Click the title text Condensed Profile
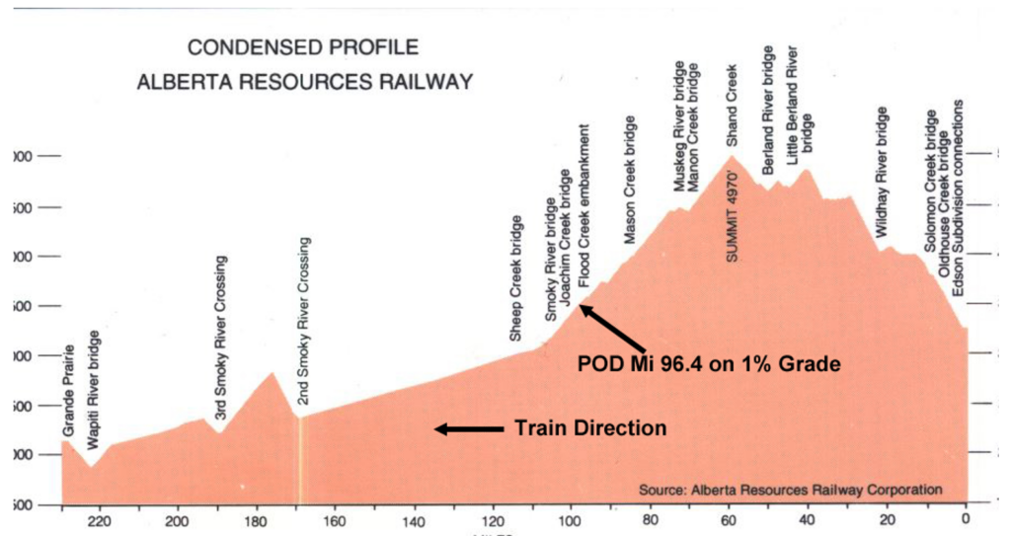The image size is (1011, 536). click(x=303, y=47)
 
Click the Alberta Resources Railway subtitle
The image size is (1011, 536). click(x=304, y=81)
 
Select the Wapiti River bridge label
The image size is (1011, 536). click(x=95, y=392)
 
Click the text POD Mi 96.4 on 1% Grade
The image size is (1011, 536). click(x=708, y=364)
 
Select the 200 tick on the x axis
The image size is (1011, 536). click(x=178, y=521)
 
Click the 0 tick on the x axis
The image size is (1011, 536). click(x=966, y=521)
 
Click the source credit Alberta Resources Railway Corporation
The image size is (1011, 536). click(x=790, y=489)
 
